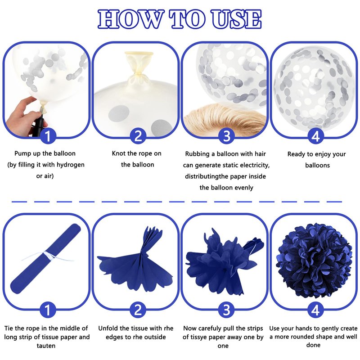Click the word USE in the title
coord(237,19)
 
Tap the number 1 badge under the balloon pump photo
coord(48,136)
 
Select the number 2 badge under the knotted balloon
coord(138,136)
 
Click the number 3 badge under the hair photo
coord(227,136)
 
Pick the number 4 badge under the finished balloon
coord(316,136)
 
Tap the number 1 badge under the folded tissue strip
coord(48,310)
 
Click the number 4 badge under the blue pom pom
coord(315,310)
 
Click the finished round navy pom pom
coord(314,261)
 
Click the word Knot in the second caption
coord(118,153)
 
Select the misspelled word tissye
coord(201,337)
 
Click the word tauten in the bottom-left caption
coord(46,346)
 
